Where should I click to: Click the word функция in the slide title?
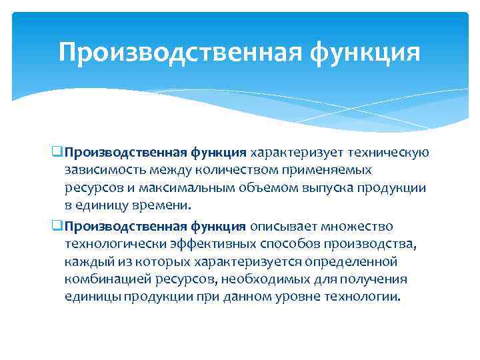[366, 52]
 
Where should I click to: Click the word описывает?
[283, 226]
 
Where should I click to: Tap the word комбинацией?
[106, 279]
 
